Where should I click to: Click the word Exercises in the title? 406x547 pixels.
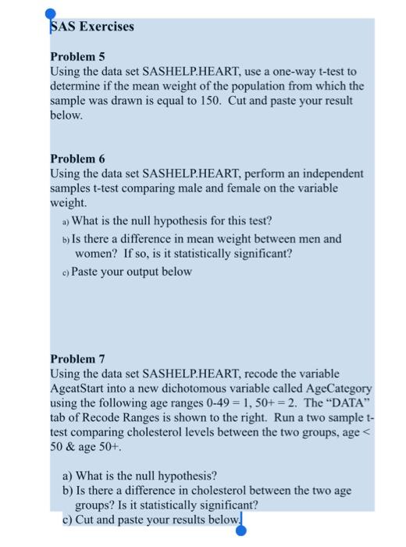click(104, 27)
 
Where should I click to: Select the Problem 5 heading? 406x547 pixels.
click(77, 58)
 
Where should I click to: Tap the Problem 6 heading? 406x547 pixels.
click(77, 157)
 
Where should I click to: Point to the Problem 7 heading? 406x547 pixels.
click(77, 359)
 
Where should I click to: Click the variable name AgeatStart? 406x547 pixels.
click(82, 388)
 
